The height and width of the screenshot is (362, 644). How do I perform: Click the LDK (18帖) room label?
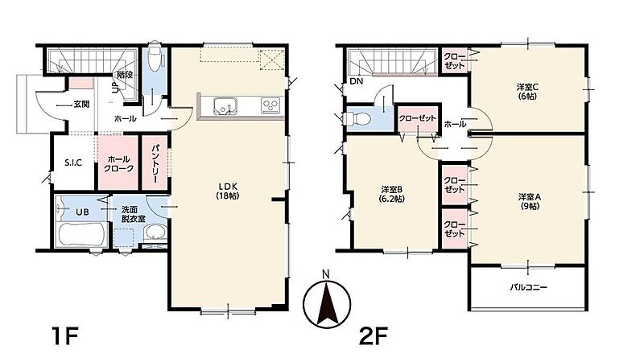(227, 191)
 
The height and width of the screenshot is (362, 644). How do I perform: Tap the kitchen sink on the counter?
(224, 106)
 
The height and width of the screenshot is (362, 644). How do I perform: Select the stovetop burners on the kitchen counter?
(270, 106)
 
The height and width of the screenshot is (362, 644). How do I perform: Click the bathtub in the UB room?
(81, 234)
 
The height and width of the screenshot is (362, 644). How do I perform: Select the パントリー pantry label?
(155, 163)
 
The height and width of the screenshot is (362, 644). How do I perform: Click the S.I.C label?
(73, 163)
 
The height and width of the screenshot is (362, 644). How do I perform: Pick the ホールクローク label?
(118, 163)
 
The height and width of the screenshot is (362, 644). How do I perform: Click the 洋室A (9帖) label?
(529, 202)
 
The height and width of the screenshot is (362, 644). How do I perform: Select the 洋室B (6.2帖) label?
(392, 194)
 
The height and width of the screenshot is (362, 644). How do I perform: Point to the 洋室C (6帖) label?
(527, 92)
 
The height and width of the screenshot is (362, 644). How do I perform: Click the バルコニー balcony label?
(528, 287)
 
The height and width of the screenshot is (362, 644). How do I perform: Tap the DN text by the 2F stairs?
(357, 81)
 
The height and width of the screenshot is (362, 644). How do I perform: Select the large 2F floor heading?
(373, 336)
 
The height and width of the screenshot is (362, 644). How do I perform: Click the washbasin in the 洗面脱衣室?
(155, 233)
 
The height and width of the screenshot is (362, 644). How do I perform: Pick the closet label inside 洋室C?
(454, 61)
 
